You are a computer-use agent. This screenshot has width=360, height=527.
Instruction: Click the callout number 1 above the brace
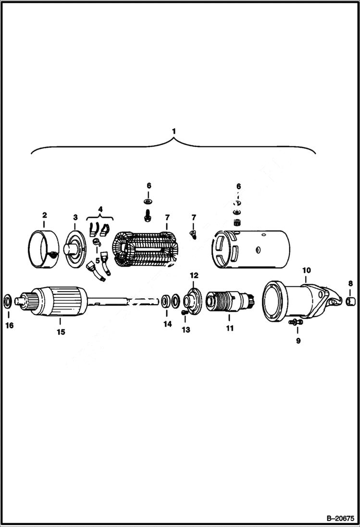(x=174, y=131)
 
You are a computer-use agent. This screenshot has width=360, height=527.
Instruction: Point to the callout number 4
(x=100, y=209)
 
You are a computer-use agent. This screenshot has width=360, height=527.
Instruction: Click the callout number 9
(x=298, y=341)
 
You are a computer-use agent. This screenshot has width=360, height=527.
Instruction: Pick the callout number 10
(x=306, y=270)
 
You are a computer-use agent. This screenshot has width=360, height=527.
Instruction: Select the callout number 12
(x=194, y=275)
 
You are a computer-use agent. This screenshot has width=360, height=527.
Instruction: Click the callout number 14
(x=167, y=324)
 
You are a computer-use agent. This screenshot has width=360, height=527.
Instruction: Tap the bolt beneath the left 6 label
(x=148, y=215)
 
